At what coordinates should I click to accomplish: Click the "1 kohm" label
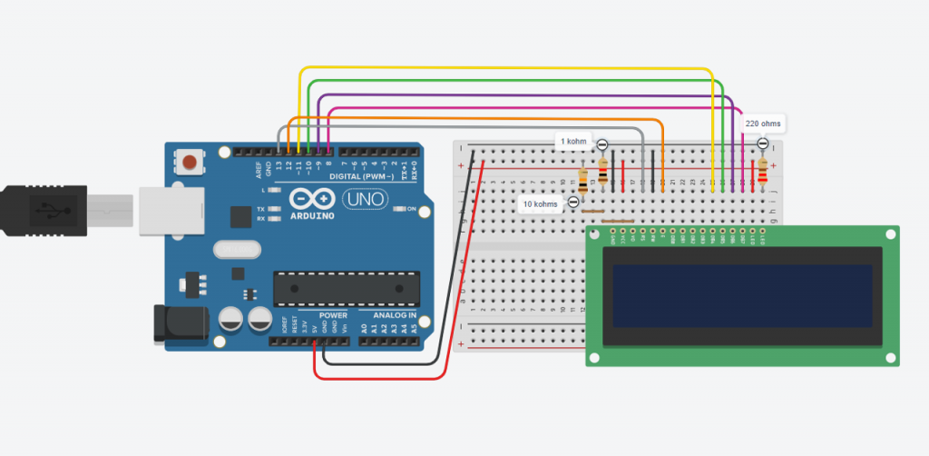(573, 142)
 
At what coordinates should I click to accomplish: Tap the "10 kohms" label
(540, 204)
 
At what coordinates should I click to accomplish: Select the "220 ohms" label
(761, 124)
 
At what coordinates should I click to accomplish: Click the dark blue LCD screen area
(742, 295)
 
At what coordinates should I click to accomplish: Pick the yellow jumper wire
(508, 69)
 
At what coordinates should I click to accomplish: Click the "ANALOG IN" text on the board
(394, 315)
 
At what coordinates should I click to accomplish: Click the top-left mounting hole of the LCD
(596, 234)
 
